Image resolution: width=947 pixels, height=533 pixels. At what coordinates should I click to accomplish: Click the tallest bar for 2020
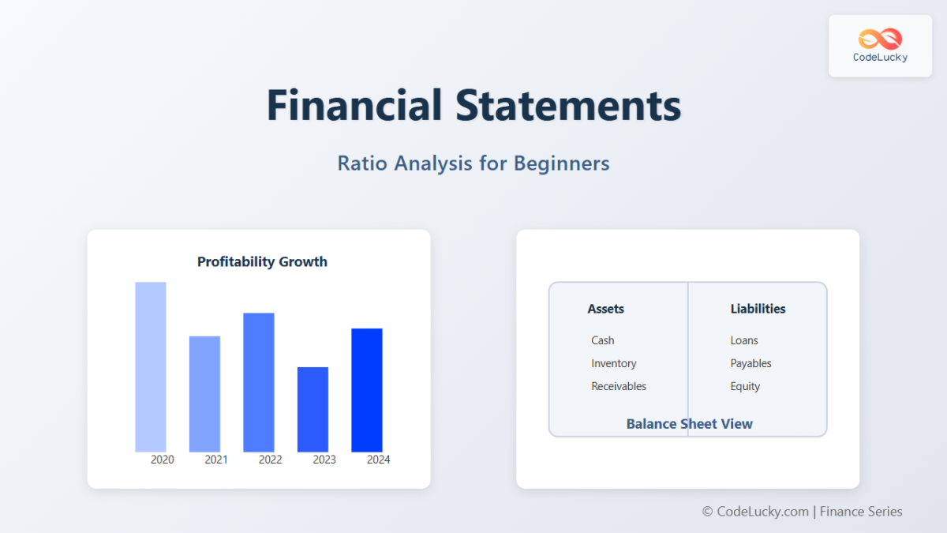(151, 366)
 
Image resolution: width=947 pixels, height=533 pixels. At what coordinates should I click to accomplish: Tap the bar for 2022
(259, 382)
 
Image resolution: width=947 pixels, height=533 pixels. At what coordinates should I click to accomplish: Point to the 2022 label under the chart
(270, 460)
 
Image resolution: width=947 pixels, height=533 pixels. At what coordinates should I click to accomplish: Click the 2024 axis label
(378, 460)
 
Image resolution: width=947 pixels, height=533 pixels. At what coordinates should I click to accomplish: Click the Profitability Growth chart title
(262, 261)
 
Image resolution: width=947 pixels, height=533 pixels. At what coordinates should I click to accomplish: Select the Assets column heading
(605, 309)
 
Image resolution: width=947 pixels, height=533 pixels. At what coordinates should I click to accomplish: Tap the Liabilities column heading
(758, 309)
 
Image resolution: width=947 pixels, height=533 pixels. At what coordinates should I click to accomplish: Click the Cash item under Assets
(602, 340)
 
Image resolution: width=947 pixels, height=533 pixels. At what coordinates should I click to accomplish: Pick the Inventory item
(613, 363)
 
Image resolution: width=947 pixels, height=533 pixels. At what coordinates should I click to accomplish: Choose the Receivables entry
(619, 386)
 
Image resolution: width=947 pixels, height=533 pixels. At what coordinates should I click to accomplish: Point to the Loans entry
(743, 340)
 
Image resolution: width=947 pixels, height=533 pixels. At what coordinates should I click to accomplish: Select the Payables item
(750, 363)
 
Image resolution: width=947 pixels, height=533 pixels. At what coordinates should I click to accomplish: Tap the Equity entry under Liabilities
(745, 386)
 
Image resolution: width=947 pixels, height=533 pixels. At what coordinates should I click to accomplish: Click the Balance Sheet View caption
(689, 424)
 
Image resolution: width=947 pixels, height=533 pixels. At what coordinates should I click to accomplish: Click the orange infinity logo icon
(880, 39)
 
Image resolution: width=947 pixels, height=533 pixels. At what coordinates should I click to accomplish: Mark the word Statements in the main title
(568, 105)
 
